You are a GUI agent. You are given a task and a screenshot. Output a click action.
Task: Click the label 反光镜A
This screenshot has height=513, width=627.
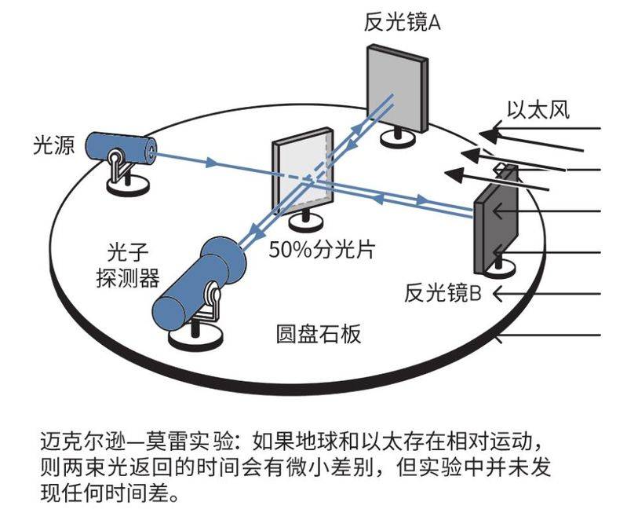[x=402, y=22]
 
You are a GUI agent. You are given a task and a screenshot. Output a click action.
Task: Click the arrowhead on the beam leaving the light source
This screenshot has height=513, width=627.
[x=211, y=164]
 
